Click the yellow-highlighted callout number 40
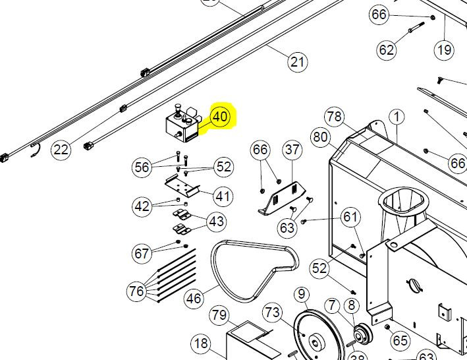(x=219, y=118)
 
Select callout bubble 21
(x=298, y=62)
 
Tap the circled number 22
(x=61, y=150)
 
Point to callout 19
(x=444, y=48)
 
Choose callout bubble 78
(x=335, y=117)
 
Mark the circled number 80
(x=321, y=138)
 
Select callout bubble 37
(x=292, y=150)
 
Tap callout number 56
(x=142, y=167)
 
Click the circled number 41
(x=224, y=196)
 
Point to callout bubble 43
(x=217, y=222)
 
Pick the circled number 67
(x=142, y=253)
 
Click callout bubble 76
(x=136, y=291)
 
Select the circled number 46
(x=194, y=298)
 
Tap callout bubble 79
(x=219, y=315)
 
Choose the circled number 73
(x=272, y=312)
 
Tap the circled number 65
(x=400, y=341)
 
